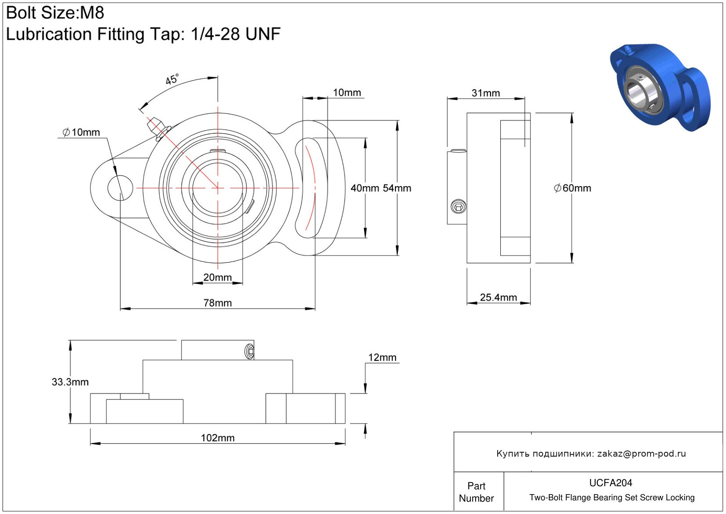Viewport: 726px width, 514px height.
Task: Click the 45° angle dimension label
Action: click(x=172, y=79)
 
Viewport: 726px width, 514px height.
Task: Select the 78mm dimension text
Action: click(x=217, y=303)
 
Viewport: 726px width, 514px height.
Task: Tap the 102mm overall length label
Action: click(x=217, y=438)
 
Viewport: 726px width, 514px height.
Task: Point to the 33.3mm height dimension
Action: click(x=70, y=382)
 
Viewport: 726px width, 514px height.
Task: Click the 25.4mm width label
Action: click(x=498, y=297)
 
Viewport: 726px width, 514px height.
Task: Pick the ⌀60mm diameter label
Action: click(x=572, y=188)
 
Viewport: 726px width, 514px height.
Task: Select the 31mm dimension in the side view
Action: click(x=485, y=93)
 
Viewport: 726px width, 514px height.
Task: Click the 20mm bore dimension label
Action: click(x=217, y=277)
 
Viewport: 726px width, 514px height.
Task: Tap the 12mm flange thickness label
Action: click(x=382, y=357)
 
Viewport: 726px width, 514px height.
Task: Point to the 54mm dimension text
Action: click(x=397, y=188)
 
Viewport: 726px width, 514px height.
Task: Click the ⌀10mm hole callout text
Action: click(x=81, y=132)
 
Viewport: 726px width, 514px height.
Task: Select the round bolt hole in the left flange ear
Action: click(x=120, y=188)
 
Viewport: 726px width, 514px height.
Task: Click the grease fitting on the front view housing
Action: click(x=159, y=129)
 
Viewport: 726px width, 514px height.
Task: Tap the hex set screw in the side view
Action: click(x=458, y=207)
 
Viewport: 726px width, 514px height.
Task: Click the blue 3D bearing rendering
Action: click(x=660, y=88)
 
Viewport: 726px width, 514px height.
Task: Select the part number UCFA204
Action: click(x=611, y=483)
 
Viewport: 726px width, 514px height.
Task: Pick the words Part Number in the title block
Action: click(x=476, y=492)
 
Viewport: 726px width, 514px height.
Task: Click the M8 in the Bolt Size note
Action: click(x=92, y=13)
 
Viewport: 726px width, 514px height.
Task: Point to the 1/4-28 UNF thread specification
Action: click(x=236, y=34)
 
